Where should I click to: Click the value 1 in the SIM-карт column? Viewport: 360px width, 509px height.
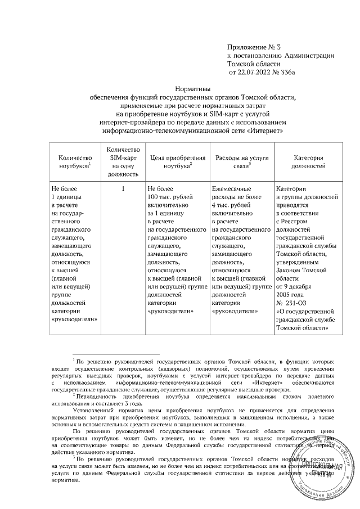tap(122, 189)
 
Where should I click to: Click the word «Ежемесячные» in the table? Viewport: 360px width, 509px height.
tap(231, 189)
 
